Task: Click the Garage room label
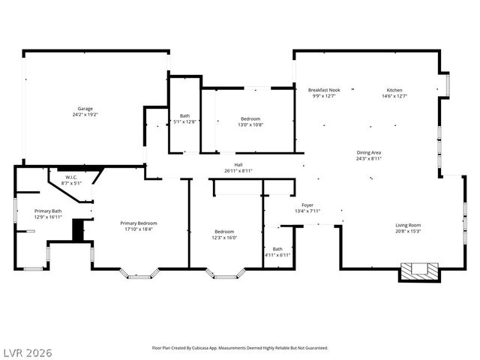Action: pyautogui.click(x=85, y=109)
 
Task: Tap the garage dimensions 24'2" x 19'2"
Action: pyautogui.click(x=85, y=115)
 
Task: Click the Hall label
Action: pyautogui.click(x=238, y=164)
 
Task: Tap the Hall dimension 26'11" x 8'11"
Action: pyautogui.click(x=238, y=170)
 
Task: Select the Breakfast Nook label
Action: pyautogui.click(x=324, y=90)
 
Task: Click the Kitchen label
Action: pyautogui.click(x=394, y=90)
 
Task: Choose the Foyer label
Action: pyautogui.click(x=307, y=205)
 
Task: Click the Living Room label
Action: pyautogui.click(x=408, y=225)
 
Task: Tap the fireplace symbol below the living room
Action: pyautogui.click(x=418, y=272)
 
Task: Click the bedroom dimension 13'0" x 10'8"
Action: pyautogui.click(x=250, y=125)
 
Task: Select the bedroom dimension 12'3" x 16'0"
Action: pyautogui.click(x=225, y=238)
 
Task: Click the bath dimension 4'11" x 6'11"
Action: pyautogui.click(x=277, y=256)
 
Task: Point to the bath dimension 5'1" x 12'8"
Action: pyautogui.click(x=184, y=121)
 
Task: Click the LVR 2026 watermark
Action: pyautogui.click(x=27, y=352)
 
